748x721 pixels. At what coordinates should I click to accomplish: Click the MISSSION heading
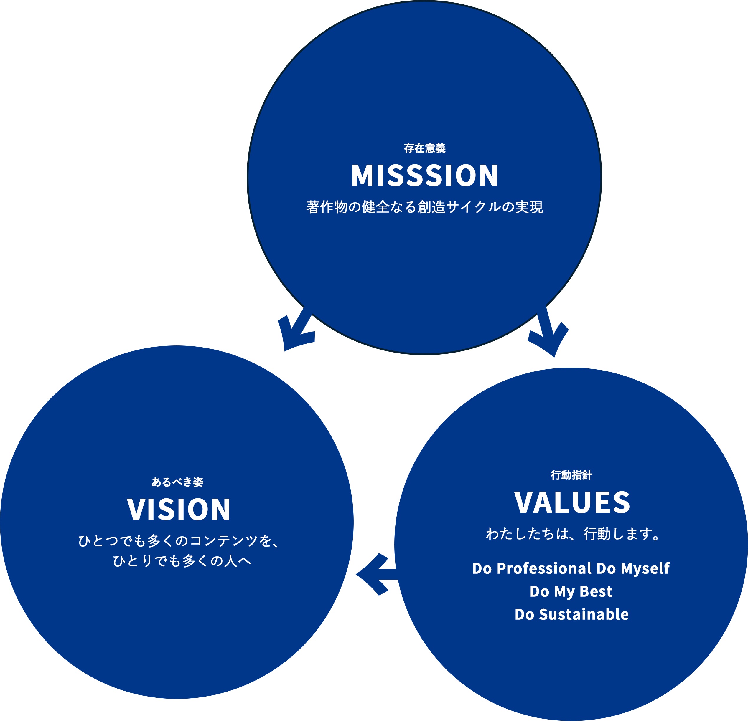tap(424, 176)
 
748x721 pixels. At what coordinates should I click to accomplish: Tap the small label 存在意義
tap(424, 148)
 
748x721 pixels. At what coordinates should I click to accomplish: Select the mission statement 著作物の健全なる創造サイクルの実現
tap(424, 207)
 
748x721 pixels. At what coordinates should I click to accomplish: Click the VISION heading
tap(179, 510)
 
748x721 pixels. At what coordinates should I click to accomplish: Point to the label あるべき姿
tap(177, 482)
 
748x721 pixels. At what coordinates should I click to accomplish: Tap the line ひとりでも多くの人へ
tap(182, 561)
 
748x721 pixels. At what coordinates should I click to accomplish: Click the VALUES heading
tap(572, 502)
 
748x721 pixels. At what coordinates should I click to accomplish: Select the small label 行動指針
tap(571, 475)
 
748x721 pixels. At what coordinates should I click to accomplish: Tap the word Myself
tap(645, 569)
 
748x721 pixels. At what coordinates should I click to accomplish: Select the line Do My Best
tap(571, 592)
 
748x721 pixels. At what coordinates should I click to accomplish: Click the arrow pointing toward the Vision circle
tap(296, 330)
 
